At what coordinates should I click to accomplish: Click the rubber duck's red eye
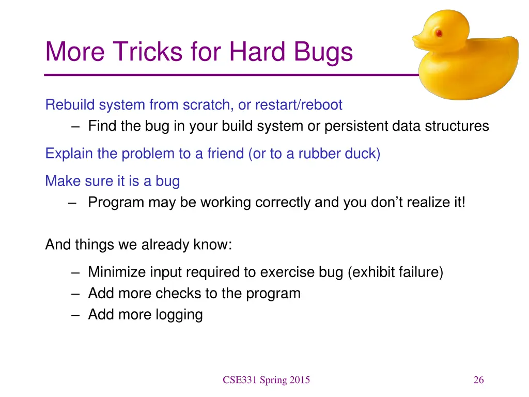pos(439,33)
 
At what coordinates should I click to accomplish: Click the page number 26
pos(478,380)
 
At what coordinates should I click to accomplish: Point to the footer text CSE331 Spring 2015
pos(266,380)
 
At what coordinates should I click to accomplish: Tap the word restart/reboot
pos(299,104)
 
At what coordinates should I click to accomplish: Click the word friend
pos(225,154)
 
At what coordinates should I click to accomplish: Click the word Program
pos(116,203)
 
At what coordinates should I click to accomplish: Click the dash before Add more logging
pos(75,315)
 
